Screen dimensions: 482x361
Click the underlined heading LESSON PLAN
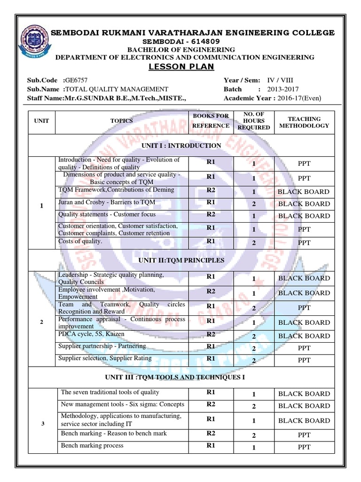pos(181,67)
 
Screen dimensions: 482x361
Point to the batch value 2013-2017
pos(283,89)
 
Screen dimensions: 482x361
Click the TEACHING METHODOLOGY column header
pos(304,122)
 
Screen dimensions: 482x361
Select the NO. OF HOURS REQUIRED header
pos(254,120)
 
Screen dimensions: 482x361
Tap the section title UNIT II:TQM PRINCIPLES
pos(181,260)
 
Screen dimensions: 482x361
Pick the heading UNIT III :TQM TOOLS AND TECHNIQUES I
pos(181,378)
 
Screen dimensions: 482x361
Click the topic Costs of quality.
pos(80,241)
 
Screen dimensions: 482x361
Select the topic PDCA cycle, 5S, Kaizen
pos(91,334)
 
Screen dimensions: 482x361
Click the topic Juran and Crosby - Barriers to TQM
pos(106,202)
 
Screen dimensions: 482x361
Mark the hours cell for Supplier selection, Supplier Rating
pos(254,361)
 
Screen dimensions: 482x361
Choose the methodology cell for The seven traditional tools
pos(304,394)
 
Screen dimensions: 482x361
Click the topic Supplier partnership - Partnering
pos(102,346)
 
